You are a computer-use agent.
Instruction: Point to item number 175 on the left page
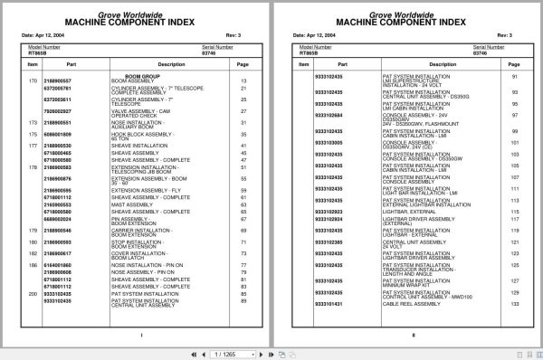(x=33, y=133)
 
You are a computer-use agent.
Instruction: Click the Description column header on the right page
(x=416, y=65)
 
